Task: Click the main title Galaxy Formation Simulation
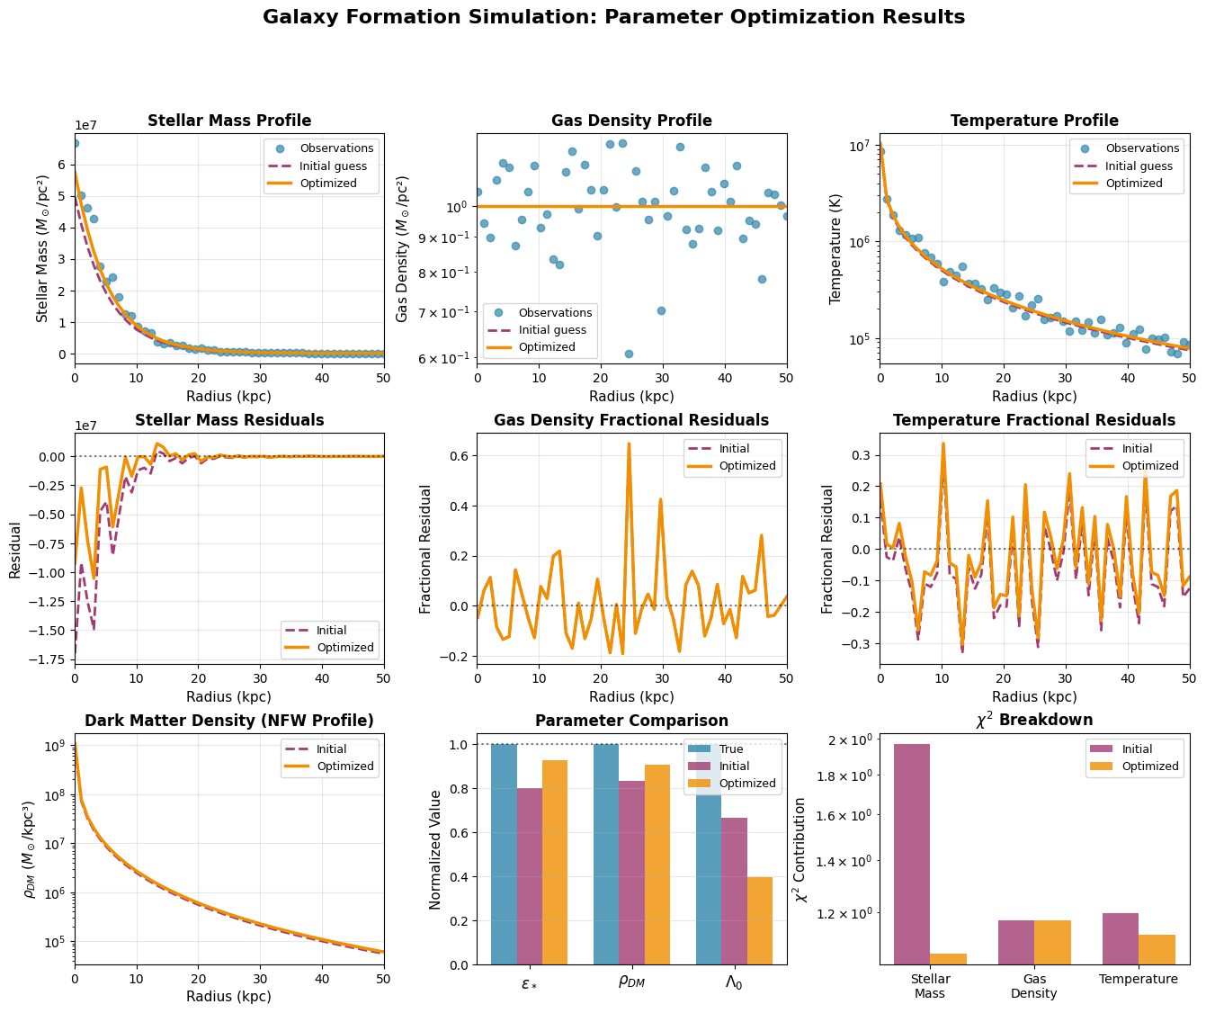coord(613,17)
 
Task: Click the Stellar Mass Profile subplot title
coord(229,121)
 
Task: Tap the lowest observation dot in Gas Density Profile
coord(629,354)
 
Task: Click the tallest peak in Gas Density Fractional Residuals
coord(629,444)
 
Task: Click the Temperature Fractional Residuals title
coord(1034,420)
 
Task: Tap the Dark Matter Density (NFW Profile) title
coord(229,721)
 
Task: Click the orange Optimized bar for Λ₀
coord(760,920)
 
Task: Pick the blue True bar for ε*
coord(504,854)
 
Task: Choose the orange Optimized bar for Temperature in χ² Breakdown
coord(1157,949)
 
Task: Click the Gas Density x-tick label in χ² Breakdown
coord(1034,986)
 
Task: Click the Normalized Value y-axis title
coord(436,849)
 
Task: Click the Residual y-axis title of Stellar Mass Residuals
coord(15,549)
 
